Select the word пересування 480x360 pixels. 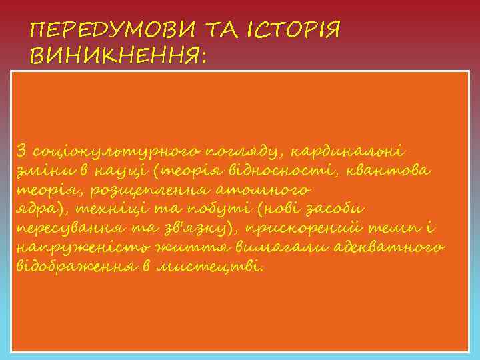(x=63, y=229)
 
